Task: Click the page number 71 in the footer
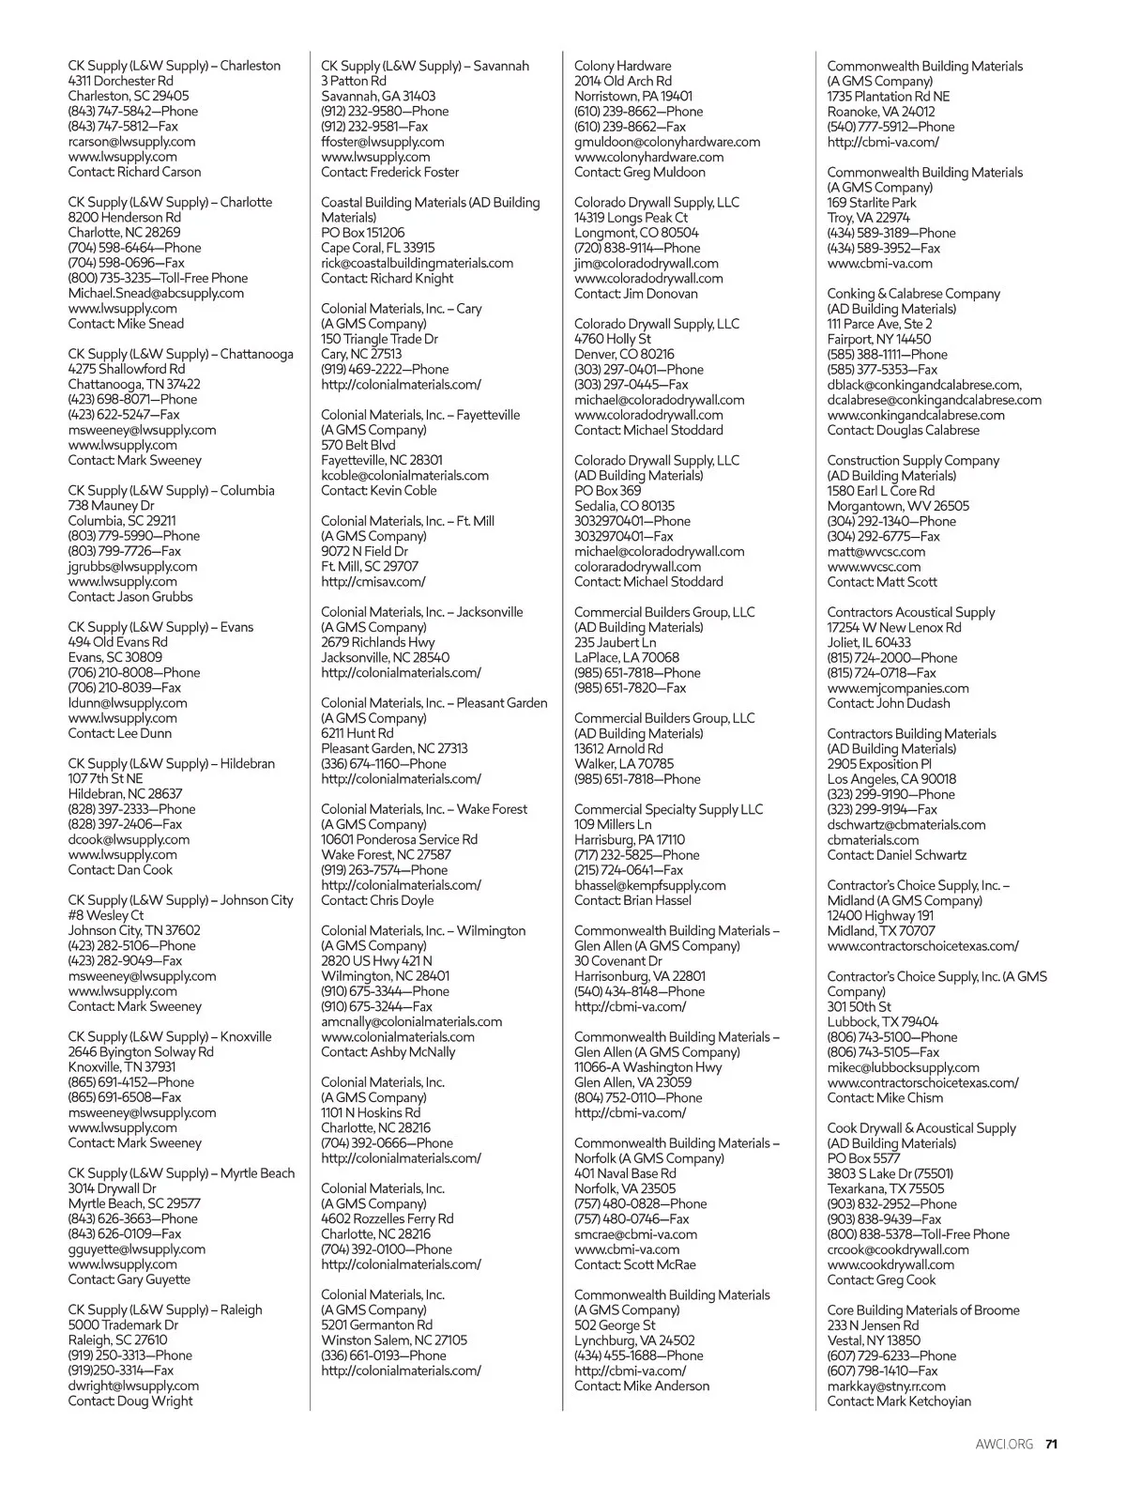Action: (1051, 1444)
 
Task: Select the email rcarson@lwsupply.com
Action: (131, 142)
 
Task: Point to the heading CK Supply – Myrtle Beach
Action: (181, 1173)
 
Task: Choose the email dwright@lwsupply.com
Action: (133, 1385)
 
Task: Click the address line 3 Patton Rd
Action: (353, 81)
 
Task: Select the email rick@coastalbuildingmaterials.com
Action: (417, 263)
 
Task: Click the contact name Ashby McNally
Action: (413, 1052)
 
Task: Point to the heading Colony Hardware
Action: (622, 66)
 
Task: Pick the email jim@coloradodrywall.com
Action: (646, 263)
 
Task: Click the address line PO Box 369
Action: (607, 491)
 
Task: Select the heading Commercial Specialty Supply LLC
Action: (668, 809)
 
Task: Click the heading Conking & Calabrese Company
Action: (913, 294)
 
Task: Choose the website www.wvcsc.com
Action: (874, 567)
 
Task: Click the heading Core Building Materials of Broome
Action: (922, 1310)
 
